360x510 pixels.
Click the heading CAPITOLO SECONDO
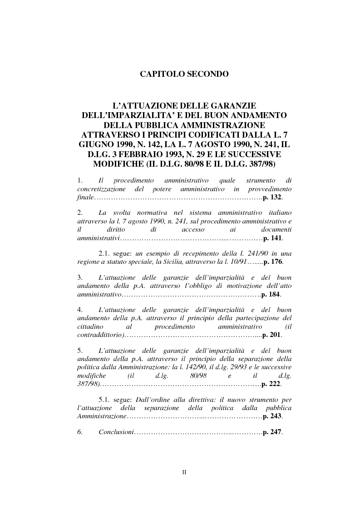tap(184, 74)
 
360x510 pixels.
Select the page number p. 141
tap(274, 238)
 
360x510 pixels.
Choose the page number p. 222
tap(272, 384)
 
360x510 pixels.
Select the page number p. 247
tap(273, 432)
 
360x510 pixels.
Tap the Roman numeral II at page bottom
tap(184, 472)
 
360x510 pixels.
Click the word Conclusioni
tap(116, 432)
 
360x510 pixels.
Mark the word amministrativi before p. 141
tap(98, 238)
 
